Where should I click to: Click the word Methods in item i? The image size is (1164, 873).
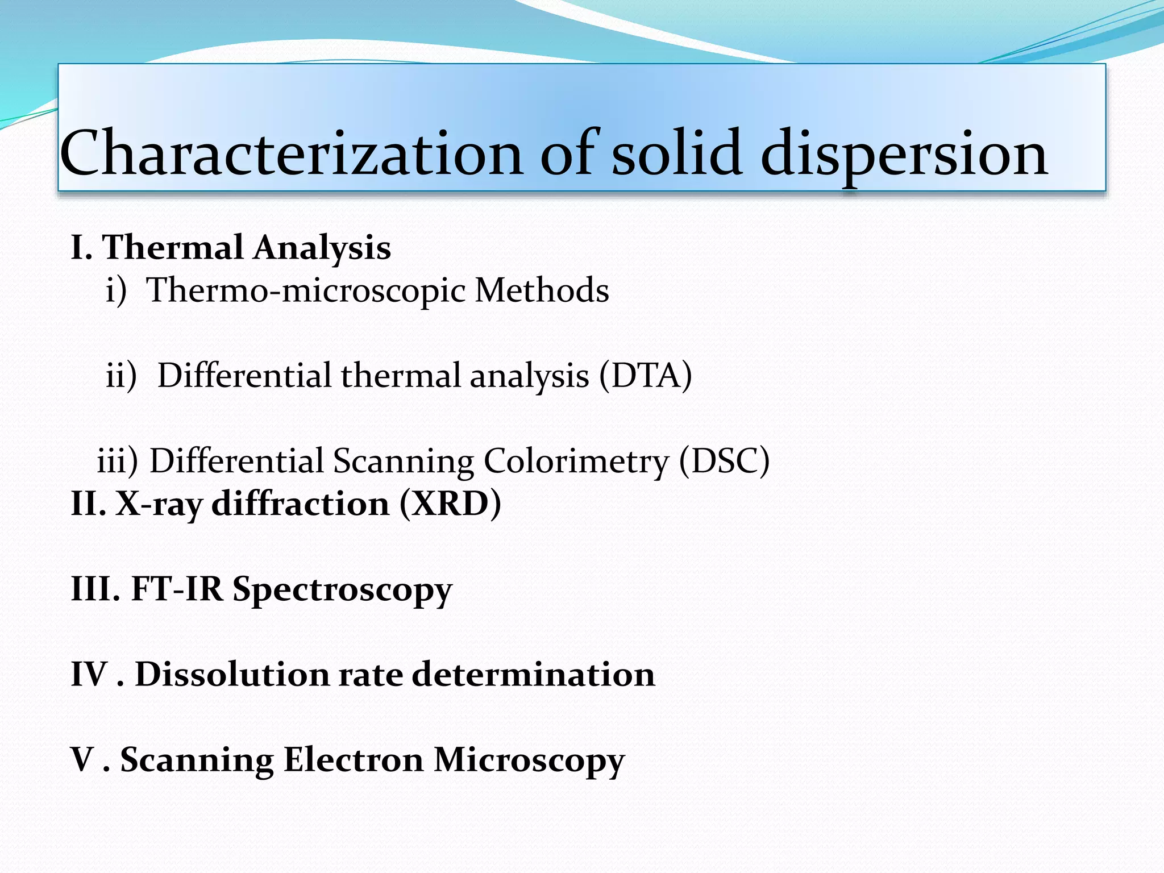coord(542,290)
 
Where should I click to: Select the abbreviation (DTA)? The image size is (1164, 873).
coord(646,376)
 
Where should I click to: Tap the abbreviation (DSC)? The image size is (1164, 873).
coord(724,461)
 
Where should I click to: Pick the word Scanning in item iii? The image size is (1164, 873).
coord(403,461)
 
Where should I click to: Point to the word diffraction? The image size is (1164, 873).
coord(300,504)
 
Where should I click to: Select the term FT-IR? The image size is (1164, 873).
coord(177,589)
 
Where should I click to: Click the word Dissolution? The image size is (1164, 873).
coord(232,674)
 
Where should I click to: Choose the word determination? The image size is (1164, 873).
coord(533,674)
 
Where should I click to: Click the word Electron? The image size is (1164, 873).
coord(353,759)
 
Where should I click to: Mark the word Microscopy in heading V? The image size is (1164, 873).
coord(529,760)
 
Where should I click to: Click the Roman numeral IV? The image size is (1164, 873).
coord(89,674)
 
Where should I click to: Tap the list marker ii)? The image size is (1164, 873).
coord(121,376)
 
